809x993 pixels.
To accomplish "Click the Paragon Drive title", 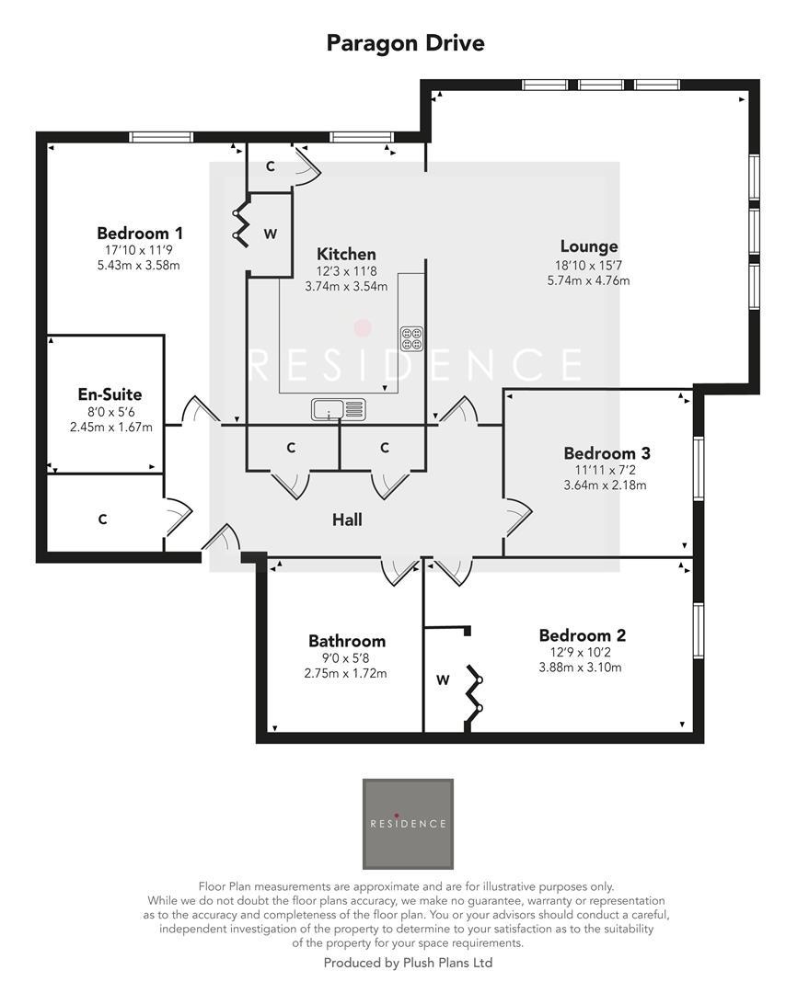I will coord(405,42).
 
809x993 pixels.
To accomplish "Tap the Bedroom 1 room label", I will coord(140,233).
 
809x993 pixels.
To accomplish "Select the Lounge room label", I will coord(588,246).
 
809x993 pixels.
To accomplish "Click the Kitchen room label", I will coord(346,254).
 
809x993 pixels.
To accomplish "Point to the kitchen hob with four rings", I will coord(410,337).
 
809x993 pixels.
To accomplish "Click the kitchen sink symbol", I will coord(338,408).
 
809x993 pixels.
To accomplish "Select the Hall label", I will coord(347,519).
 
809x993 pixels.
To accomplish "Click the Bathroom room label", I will coord(346,641).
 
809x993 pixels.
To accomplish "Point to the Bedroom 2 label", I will coord(582,635).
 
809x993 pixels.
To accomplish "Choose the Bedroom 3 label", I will coord(607,453).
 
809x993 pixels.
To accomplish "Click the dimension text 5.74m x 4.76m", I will coord(588,280).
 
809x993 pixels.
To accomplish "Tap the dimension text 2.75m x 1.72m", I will coord(346,673).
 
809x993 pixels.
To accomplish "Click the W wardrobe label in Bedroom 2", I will coord(443,680).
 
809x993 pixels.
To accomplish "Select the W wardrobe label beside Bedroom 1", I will coord(270,234).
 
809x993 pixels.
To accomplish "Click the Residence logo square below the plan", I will coord(408,824).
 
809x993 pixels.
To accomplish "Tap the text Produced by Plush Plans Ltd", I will coord(408,963).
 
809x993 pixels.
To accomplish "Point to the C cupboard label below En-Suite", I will coord(102,519).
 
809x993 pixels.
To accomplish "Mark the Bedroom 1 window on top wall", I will coord(161,138).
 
